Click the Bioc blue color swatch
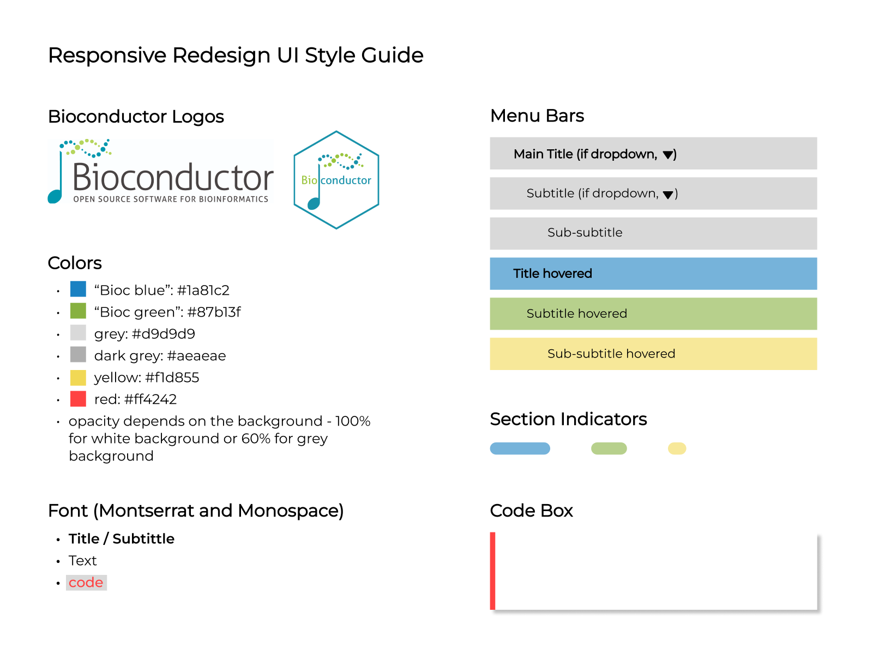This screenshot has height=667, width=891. pos(78,289)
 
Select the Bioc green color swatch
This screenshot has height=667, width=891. pos(78,311)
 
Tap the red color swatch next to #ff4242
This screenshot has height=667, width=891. pos(78,398)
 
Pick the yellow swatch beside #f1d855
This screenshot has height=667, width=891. pos(78,377)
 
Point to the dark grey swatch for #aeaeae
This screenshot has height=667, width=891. pos(78,355)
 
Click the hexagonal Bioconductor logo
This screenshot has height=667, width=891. pos(336,180)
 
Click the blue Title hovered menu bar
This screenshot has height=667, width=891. pos(653,274)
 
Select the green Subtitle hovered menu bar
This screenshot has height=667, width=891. pos(653,313)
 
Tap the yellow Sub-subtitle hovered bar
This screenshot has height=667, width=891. pos(653,354)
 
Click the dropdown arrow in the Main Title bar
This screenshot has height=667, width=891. pos(668,155)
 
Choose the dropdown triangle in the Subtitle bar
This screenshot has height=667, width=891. pos(668,195)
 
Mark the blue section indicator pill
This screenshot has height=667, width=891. pos(520,448)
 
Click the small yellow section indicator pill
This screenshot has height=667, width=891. pos(677,448)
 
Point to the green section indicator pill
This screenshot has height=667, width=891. pos(609,448)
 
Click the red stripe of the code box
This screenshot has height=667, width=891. pos(492,571)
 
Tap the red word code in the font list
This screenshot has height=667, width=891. pos(86,583)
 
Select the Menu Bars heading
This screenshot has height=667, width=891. pos(537,116)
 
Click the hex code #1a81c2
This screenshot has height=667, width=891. pos(203,290)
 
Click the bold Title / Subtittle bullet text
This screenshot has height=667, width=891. pos(122,538)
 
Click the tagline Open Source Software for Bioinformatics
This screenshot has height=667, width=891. pos(171,199)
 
